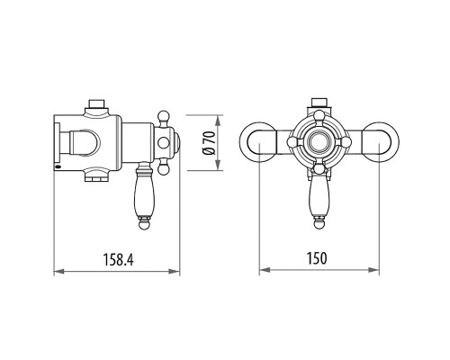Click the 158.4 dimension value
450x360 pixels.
pyautogui.click(x=118, y=260)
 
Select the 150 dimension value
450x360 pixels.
pyautogui.click(x=317, y=258)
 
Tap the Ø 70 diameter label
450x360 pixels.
pyautogui.click(x=209, y=143)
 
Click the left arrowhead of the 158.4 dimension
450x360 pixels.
pyautogui.click(x=59, y=272)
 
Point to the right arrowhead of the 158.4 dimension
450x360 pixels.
pyautogui.click(x=174, y=272)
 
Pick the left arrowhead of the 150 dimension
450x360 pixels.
pyautogui.click(x=265, y=270)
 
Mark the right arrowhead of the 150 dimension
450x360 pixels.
pyautogui.click(x=373, y=270)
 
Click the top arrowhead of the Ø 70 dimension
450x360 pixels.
pyautogui.click(x=218, y=121)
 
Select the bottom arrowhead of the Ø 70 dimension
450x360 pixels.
pyautogui.click(x=218, y=166)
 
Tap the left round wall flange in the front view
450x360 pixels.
pyautogui.click(x=257, y=142)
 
